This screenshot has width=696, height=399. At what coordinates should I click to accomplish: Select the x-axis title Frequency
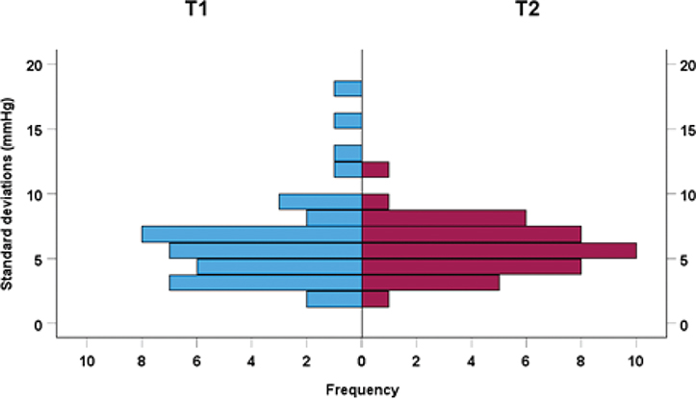(362, 389)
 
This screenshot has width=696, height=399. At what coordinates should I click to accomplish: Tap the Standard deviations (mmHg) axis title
(9, 193)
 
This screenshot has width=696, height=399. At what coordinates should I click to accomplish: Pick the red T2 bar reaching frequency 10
(499, 250)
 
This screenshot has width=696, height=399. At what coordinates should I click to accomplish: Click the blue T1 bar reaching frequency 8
(252, 234)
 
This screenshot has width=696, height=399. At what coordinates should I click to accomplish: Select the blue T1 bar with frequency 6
(280, 266)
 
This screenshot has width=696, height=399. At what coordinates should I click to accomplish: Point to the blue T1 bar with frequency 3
(321, 201)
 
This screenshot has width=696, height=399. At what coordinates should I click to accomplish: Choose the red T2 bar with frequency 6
(444, 217)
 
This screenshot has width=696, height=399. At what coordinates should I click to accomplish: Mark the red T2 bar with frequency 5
(430, 283)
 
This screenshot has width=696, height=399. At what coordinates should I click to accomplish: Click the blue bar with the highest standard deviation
(348, 88)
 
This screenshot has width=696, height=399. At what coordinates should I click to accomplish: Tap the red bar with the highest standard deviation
(375, 169)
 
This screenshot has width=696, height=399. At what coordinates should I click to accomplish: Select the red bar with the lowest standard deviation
(375, 299)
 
